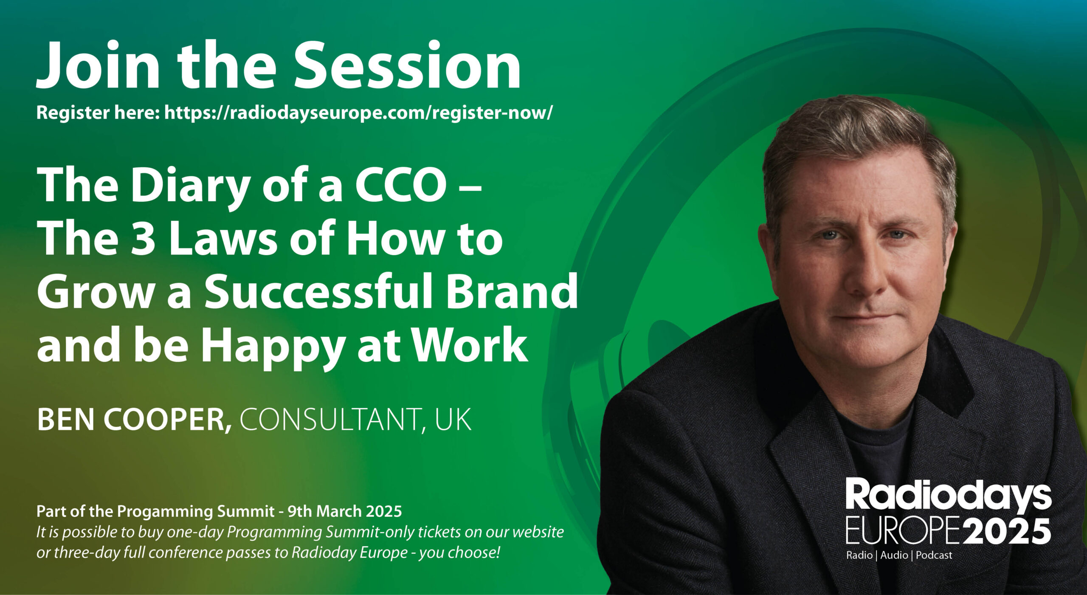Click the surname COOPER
tap(167, 420)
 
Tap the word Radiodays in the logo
tap(948, 494)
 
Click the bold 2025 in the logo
tap(1005, 531)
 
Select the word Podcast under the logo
tap(934, 555)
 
